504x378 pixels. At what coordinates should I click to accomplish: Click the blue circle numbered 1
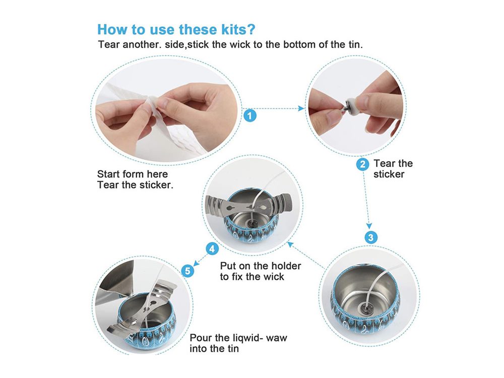pyautogui.click(x=250, y=115)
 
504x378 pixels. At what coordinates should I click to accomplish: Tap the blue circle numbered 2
pyautogui.click(x=362, y=164)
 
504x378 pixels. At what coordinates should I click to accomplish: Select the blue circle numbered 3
pyautogui.click(x=371, y=237)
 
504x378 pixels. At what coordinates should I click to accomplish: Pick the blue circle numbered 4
pyautogui.click(x=212, y=248)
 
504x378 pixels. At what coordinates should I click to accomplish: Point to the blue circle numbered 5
pyautogui.click(x=188, y=271)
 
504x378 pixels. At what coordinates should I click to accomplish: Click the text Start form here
pyautogui.click(x=133, y=174)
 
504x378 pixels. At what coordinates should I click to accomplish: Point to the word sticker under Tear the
pyautogui.click(x=389, y=174)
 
